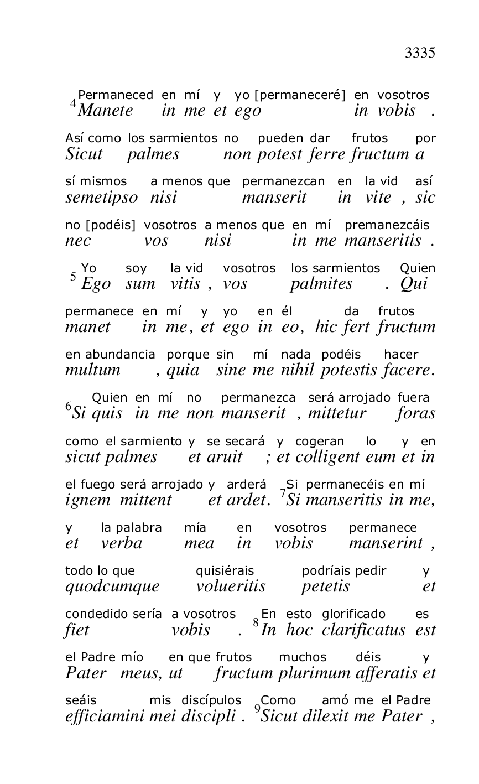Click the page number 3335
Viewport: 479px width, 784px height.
(420, 53)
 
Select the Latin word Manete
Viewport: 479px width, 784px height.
(106, 111)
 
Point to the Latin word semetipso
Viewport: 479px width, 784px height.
(101, 198)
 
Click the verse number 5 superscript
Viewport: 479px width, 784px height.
(73, 276)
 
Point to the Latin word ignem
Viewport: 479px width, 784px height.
(84, 500)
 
